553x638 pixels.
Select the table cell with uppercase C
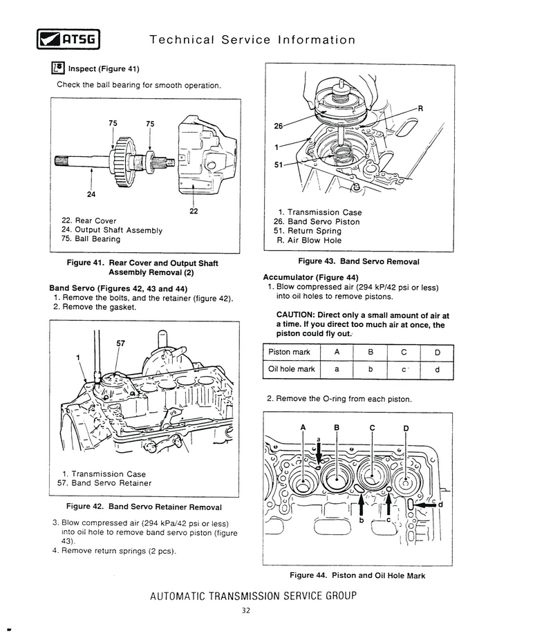[x=402, y=353]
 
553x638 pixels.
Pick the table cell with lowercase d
[x=437, y=369]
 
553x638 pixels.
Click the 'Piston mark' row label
[x=289, y=353]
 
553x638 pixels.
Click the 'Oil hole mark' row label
[x=291, y=369]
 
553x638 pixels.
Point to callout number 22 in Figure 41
[x=194, y=212]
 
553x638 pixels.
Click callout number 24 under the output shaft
[x=90, y=194]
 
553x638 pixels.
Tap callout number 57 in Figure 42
[x=120, y=343]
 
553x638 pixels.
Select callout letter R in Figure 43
[x=420, y=109]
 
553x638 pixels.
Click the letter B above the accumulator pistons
[x=337, y=427]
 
